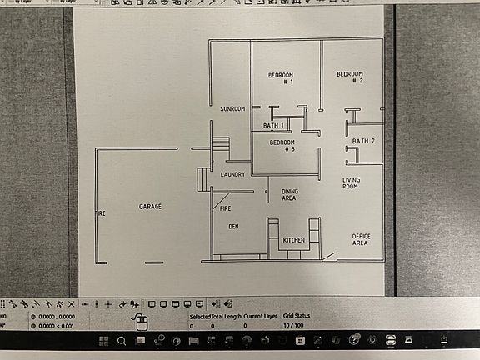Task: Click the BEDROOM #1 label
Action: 280,79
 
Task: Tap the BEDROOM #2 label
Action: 350,77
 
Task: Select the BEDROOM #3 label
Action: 282,146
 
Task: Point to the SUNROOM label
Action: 232,109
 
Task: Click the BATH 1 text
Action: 274,126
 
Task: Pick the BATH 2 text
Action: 364,142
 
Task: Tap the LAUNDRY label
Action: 232,175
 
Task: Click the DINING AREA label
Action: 290,195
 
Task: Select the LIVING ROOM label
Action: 351,183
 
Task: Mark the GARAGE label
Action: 150,206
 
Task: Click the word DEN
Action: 234,226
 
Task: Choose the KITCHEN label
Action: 294,241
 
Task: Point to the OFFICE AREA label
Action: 360,239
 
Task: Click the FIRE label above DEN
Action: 225,209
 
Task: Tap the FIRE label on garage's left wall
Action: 100,214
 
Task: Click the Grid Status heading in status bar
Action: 297,317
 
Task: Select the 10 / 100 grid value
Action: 293,326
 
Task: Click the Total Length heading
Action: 228,317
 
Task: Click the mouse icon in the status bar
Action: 141,322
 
